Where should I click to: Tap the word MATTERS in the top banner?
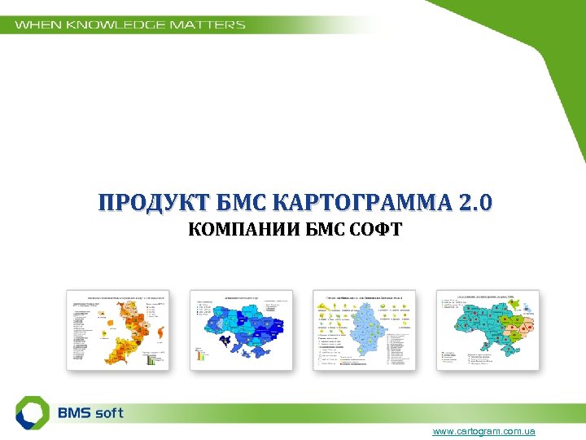[x=207, y=24]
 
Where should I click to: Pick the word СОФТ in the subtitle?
[x=378, y=230]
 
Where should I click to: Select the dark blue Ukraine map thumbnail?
[x=242, y=330]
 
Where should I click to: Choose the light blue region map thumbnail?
[x=365, y=330]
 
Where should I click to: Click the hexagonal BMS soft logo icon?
[x=33, y=412]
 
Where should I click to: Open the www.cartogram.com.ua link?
[x=483, y=431]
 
